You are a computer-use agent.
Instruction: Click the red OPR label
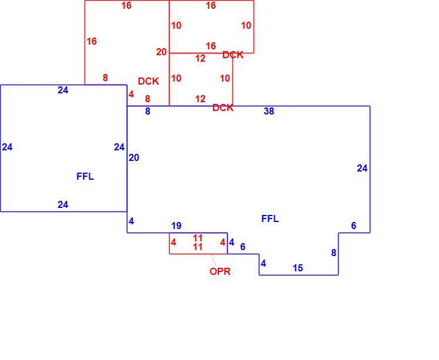[220, 271]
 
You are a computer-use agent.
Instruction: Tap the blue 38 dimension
[269, 111]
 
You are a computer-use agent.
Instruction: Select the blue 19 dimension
[176, 226]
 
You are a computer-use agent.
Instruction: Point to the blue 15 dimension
[298, 268]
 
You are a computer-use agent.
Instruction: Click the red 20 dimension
[161, 52]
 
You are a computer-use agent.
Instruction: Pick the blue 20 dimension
[134, 158]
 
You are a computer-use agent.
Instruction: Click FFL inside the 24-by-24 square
[85, 177]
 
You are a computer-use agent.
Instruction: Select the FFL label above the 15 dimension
[270, 219]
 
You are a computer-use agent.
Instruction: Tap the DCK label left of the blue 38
[223, 107]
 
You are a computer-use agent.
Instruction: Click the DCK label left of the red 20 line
[148, 81]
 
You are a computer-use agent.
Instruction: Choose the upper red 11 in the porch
[198, 238]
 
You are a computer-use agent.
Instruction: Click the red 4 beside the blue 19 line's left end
[173, 243]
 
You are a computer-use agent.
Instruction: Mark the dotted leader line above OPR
[214, 260]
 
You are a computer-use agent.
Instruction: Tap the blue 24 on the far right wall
[362, 168]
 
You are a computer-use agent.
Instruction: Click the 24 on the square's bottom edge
[63, 204]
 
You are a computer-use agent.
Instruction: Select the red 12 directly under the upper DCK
[200, 58]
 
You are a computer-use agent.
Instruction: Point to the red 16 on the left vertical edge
[92, 41]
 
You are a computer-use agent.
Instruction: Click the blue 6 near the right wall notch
[354, 226]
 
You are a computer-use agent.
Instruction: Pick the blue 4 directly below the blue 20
[131, 221]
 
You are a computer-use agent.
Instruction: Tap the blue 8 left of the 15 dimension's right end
[333, 253]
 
